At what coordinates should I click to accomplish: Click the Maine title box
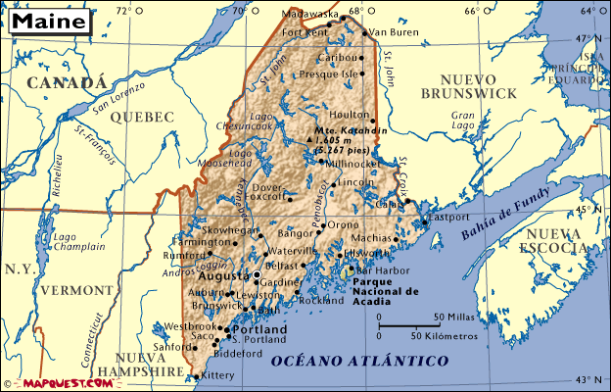click(47, 20)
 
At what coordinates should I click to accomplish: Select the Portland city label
click(260, 330)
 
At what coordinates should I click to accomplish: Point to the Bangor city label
click(296, 234)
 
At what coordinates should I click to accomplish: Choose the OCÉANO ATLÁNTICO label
click(359, 362)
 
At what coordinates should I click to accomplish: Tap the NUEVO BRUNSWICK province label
click(467, 85)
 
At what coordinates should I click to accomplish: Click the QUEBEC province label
click(142, 117)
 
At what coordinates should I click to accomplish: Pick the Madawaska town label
click(308, 15)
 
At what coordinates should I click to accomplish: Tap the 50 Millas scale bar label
click(455, 317)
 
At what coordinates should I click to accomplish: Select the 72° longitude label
click(122, 10)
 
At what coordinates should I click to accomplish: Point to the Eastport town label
click(451, 217)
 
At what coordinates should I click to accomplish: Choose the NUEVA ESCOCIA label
click(554, 240)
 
